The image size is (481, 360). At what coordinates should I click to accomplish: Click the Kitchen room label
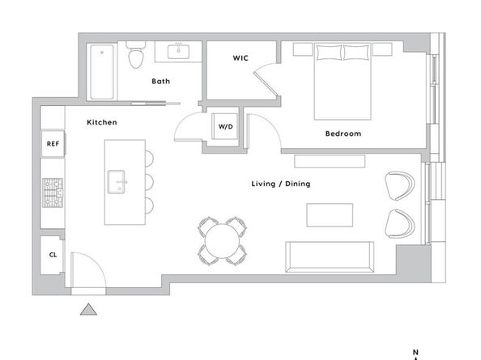(102, 122)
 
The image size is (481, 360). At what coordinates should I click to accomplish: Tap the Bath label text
(161, 81)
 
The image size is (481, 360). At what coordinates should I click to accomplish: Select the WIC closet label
(240, 58)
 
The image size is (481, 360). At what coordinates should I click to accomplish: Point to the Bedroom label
(343, 133)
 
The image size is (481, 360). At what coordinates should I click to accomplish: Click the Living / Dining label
(281, 184)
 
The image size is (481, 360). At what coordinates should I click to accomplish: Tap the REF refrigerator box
(53, 144)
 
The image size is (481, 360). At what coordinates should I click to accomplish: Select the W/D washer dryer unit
(225, 126)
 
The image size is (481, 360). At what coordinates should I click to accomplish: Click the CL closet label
(53, 255)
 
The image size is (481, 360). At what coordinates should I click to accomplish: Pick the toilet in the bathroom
(135, 55)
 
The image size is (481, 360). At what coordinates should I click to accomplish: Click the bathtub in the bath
(102, 72)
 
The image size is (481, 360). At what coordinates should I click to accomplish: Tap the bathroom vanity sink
(178, 52)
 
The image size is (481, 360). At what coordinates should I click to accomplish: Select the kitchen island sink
(117, 182)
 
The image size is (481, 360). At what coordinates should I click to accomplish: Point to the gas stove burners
(53, 193)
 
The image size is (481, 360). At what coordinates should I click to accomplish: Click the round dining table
(222, 241)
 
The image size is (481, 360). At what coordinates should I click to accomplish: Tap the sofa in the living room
(330, 256)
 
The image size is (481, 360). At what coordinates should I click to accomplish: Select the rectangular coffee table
(330, 215)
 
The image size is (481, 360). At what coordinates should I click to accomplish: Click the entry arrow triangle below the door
(88, 310)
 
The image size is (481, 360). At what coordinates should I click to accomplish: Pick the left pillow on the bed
(329, 53)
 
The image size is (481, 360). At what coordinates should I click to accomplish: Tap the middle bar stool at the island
(149, 182)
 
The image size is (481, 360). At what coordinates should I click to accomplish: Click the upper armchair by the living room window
(400, 186)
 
